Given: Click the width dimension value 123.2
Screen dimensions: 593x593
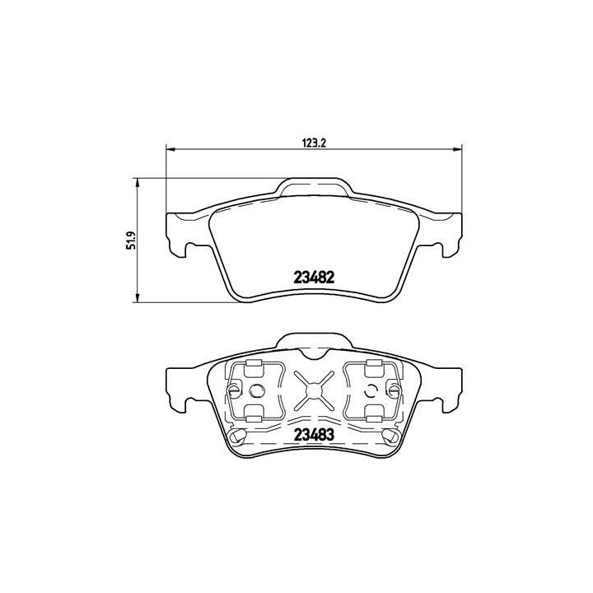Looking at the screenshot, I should pyautogui.click(x=315, y=142).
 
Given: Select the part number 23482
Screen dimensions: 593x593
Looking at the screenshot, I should pyautogui.click(x=313, y=278).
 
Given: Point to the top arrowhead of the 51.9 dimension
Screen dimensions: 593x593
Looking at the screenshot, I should pyautogui.click(x=138, y=182).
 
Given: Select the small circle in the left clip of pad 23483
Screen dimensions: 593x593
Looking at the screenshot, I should pyautogui.click(x=255, y=390).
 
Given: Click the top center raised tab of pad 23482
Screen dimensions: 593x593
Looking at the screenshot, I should pyautogui.click(x=314, y=189).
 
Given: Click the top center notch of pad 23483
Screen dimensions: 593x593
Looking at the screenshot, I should pyautogui.click(x=314, y=353).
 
